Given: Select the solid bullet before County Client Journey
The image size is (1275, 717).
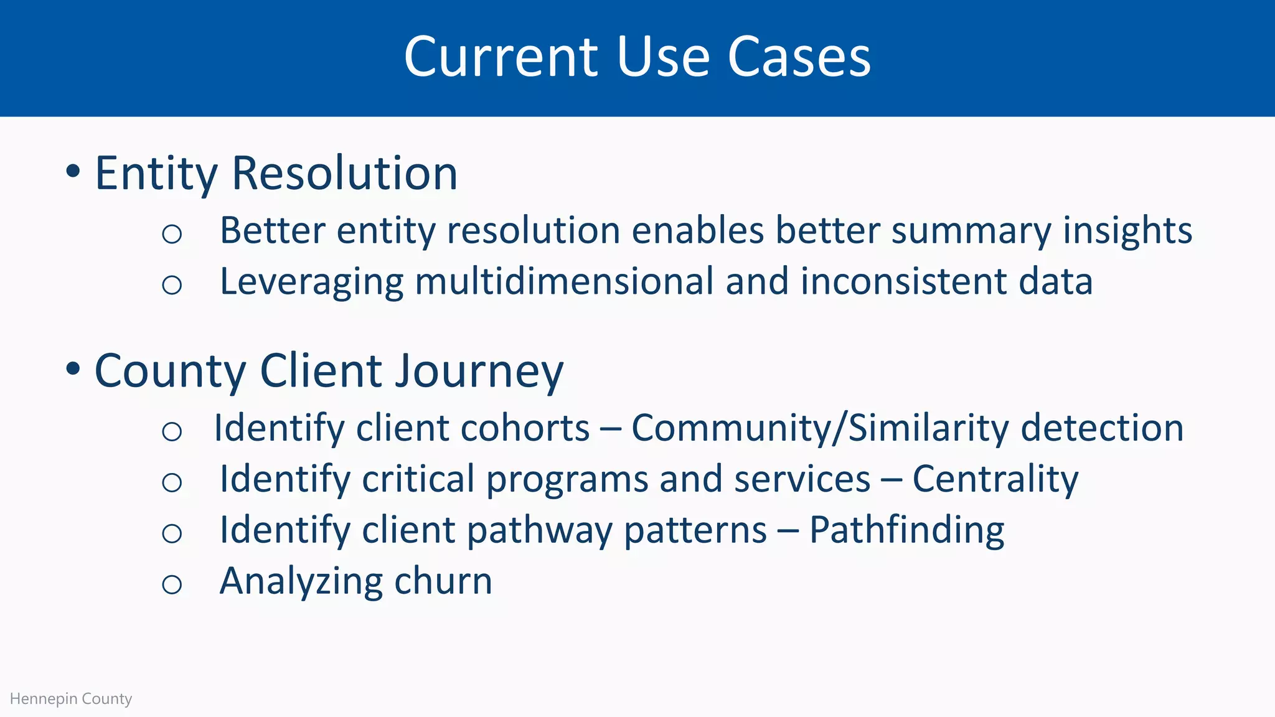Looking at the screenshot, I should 73,368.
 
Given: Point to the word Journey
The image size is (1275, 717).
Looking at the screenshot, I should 479,372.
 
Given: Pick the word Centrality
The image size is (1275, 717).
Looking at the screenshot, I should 995,479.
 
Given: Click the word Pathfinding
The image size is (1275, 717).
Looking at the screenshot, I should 906,530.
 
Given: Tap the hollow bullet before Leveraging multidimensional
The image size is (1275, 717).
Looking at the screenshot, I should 172,285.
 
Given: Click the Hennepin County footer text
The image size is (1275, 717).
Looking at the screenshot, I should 71,698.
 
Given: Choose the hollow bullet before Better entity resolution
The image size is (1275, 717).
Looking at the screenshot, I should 172,234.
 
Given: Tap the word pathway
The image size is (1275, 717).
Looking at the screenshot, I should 539,532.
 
